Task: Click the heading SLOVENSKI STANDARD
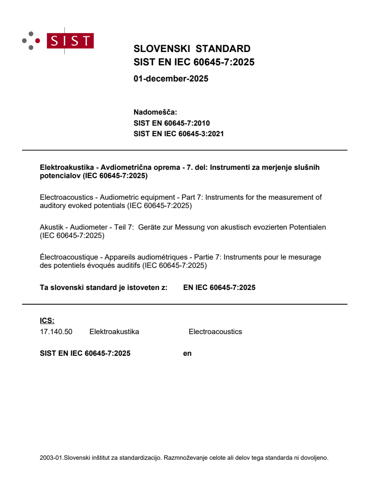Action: (192, 49)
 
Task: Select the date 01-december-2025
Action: (170, 79)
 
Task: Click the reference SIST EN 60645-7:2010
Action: (171, 123)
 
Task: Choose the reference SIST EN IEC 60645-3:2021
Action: (178, 134)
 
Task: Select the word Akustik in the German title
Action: (51, 227)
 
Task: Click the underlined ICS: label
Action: (47, 321)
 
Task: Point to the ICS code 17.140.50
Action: (56, 331)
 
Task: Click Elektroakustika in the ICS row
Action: (114, 331)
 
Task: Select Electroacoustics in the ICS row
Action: (215, 331)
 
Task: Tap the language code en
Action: (187, 353)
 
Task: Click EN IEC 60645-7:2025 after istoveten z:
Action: (219, 288)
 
